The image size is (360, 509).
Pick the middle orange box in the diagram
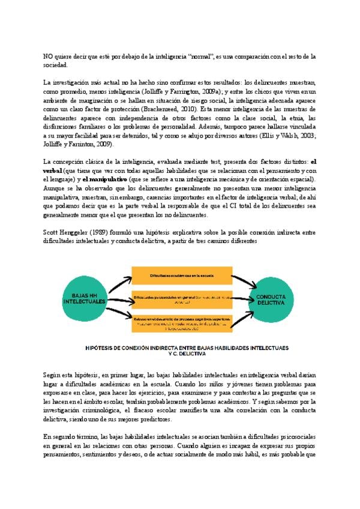coord(181,298)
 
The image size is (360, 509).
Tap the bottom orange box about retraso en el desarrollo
coord(181,322)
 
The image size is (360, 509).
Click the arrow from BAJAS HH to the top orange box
coord(115,281)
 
